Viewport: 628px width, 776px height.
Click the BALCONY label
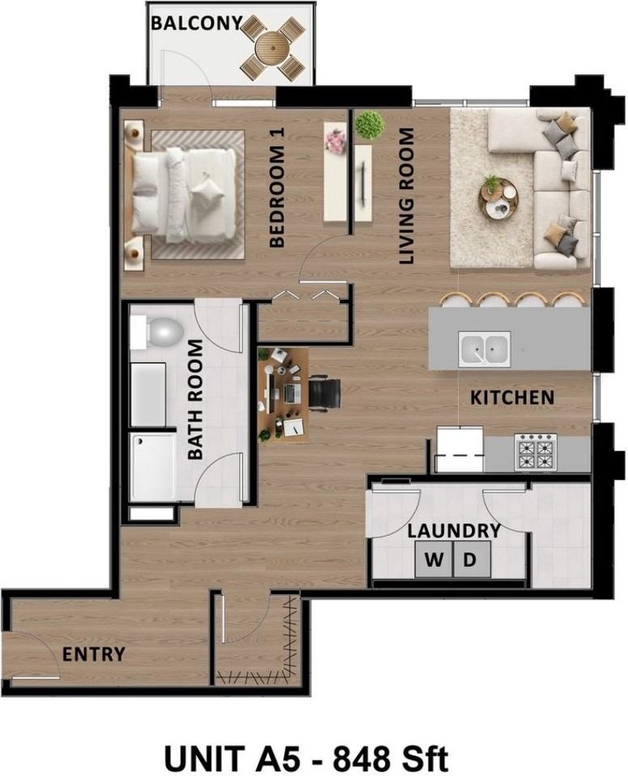pos(197,23)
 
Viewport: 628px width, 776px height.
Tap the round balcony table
pos(272,47)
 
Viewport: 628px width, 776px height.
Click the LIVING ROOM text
pos(406,196)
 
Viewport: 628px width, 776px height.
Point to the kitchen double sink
pos(484,349)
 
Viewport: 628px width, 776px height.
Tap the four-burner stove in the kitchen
pos(535,453)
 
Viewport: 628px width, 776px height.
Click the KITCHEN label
pos(512,398)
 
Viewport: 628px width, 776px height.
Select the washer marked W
pos(434,559)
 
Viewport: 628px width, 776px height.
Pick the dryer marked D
pos(472,559)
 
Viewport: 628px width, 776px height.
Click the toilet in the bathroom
pos(158,332)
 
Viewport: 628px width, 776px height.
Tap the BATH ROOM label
pos(195,399)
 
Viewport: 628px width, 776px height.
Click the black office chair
pos(325,393)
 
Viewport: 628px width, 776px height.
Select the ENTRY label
pos(94,654)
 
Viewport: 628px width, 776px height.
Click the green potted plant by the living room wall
pos(369,124)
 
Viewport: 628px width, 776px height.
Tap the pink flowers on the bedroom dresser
pos(336,141)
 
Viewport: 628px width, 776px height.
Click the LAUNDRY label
pos(454,530)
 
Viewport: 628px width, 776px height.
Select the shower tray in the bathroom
pos(153,466)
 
